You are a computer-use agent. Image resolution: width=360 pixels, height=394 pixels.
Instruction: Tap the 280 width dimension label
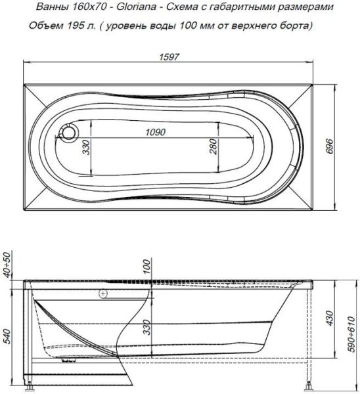(213, 148)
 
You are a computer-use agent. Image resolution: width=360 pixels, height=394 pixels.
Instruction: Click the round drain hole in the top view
(68, 133)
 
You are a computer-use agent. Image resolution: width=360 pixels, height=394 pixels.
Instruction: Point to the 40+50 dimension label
(8, 263)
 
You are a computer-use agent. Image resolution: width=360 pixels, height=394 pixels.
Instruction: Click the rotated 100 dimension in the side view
(145, 267)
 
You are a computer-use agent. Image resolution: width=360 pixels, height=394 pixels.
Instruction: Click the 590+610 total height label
(352, 342)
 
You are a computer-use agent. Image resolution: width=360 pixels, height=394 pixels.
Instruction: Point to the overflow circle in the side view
(103, 295)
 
